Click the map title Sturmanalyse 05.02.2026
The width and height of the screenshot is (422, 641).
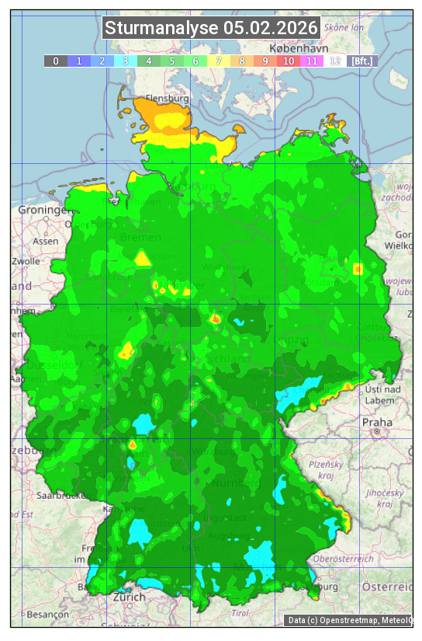211,29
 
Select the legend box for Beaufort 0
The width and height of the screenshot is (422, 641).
55,61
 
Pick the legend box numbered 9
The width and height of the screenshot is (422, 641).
265,61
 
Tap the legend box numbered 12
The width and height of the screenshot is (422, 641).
334,61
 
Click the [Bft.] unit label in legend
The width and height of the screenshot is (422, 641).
361,61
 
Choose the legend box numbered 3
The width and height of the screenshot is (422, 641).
125,61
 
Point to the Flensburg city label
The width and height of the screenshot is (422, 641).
168,99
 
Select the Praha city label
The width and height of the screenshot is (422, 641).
376,422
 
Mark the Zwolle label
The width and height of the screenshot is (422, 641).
26,261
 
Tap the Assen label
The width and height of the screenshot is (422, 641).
46,241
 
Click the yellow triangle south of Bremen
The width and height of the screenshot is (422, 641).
143,259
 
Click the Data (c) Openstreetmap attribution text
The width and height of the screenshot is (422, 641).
349,620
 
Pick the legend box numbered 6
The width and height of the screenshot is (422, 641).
195,61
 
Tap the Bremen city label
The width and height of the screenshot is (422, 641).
140,237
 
